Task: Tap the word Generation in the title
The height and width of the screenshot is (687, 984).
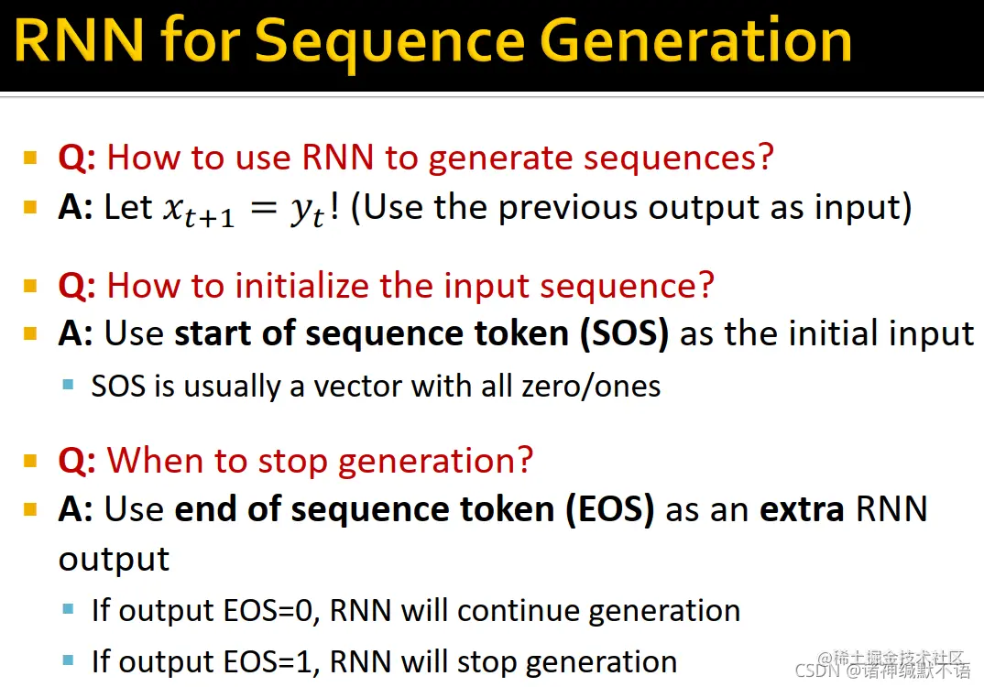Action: coord(695,40)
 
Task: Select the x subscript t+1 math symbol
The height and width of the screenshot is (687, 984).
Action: coord(199,211)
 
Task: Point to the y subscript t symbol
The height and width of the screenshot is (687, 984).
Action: coord(308,213)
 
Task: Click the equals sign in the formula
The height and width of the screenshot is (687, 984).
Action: coord(263,207)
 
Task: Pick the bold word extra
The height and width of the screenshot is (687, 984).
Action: coord(802,508)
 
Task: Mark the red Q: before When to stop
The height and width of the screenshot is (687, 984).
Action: coord(77,462)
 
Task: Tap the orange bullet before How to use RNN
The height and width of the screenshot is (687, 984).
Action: coord(30,157)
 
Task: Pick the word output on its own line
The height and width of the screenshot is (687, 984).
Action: coord(114,560)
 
